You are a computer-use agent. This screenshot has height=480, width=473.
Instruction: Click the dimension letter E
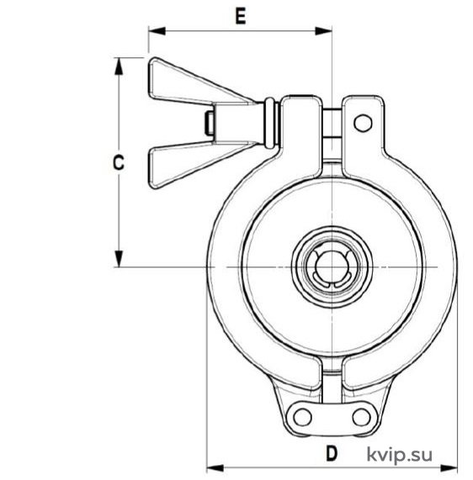pos(241,17)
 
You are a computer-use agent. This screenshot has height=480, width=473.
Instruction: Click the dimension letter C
pos(119,162)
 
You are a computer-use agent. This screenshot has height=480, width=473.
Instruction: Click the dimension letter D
pos(332,453)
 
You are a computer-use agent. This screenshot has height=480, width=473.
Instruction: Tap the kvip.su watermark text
pos(400,454)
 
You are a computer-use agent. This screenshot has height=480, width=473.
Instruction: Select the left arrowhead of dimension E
pos(157,31)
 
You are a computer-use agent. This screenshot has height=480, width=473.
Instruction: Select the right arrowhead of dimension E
pos(323,31)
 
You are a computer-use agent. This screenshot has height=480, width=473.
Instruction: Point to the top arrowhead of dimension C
pos(119,66)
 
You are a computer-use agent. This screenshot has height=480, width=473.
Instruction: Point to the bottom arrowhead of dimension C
pos(119,259)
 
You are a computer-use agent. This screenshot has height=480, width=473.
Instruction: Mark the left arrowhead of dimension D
pos(215,468)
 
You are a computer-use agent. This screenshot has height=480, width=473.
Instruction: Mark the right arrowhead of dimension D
pos(449,468)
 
